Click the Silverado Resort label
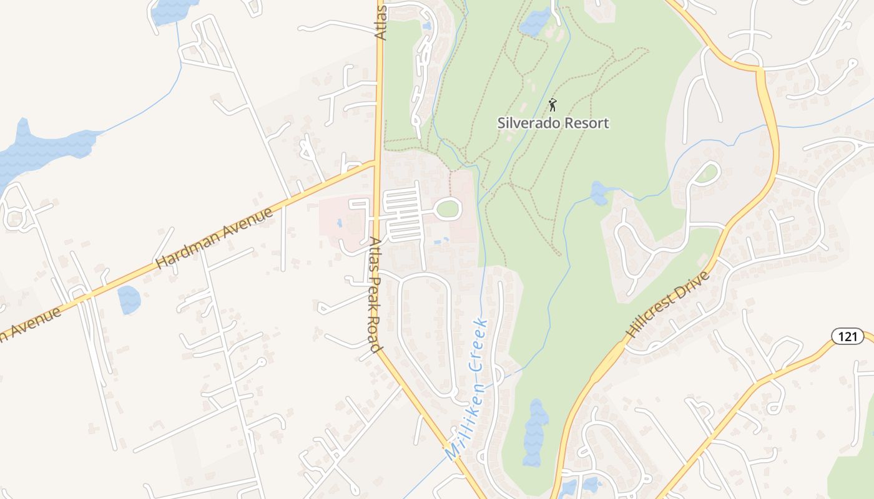coord(552,122)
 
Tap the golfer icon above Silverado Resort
coord(552,105)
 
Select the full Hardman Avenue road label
coord(214,238)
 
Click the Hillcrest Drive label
coord(669,304)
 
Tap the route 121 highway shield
coord(847,337)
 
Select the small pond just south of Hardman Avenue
coord(129,299)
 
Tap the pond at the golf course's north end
coord(535,22)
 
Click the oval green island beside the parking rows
coord(448,209)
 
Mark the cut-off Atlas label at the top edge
coord(381,22)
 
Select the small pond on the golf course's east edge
coord(599,193)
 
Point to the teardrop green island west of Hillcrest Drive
coord(707,173)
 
